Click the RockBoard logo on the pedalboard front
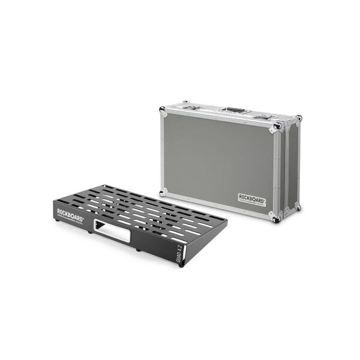71,212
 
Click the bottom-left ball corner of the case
162,191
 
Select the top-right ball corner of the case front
276,128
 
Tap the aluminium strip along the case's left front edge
163,150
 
